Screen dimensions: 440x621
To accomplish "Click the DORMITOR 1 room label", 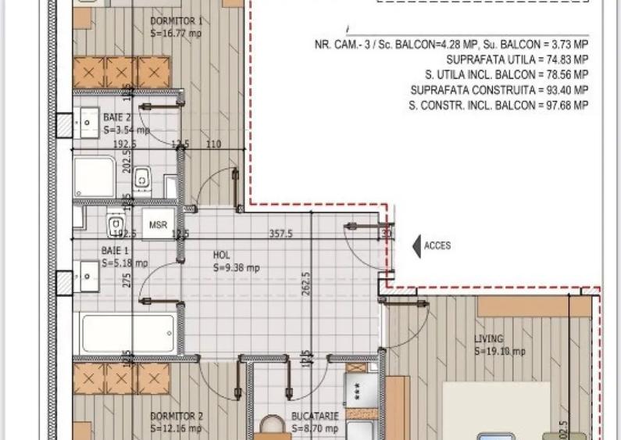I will click(176, 21).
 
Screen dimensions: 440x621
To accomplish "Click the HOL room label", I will click(222, 256).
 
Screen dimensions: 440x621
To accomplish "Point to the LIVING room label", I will click(489, 339).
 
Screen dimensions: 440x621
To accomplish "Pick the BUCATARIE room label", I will click(314, 417).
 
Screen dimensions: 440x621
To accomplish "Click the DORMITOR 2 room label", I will click(176, 417).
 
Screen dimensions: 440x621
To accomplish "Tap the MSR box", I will click(158, 225).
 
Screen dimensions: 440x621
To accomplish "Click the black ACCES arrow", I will click(416, 246).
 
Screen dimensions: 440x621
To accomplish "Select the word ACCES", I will click(437, 246).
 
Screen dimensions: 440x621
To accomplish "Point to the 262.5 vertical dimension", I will click(306, 285).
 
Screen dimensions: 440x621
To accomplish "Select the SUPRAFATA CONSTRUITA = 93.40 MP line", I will click(499, 91).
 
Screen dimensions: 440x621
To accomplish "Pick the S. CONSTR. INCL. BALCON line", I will click(498, 106).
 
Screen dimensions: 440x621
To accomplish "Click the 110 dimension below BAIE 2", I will click(212, 145).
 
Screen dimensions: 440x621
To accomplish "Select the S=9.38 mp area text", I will click(236, 268).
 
